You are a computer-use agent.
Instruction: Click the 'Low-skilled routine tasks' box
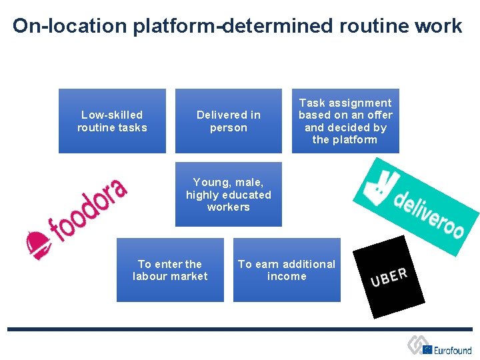click(112, 121)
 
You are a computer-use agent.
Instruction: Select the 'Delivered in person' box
click(228, 121)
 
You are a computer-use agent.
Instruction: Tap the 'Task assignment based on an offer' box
click(345, 121)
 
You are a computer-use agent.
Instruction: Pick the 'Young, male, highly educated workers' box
click(228, 194)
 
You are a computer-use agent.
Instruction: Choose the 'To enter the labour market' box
click(170, 270)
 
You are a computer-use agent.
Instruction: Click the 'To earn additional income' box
click(287, 270)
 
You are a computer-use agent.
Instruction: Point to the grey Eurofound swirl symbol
click(419, 345)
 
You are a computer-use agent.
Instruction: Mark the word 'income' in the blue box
click(287, 276)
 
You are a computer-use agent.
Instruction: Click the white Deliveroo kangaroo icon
click(377, 180)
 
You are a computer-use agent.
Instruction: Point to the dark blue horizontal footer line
click(240, 329)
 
